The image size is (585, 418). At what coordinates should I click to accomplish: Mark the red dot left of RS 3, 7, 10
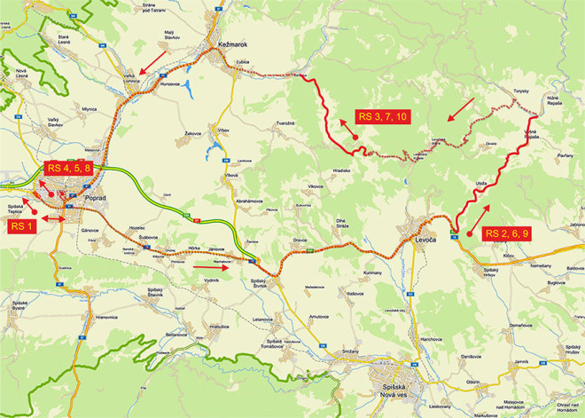(353, 138)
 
